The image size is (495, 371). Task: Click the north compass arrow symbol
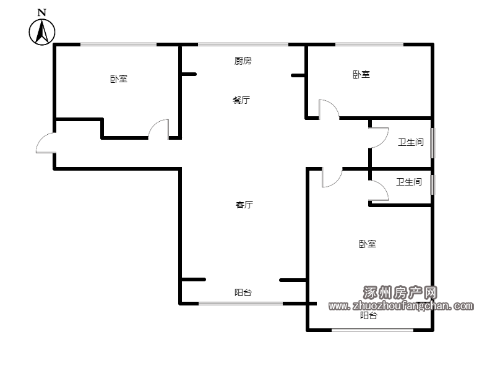point(42,32)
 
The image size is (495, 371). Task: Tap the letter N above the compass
point(42,12)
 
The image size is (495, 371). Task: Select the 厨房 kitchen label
point(243,61)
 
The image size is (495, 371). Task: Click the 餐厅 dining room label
point(241,100)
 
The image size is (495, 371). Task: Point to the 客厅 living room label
point(244,205)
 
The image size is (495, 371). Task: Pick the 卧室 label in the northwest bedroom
point(119,79)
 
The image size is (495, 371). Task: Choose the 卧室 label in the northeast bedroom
point(361,74)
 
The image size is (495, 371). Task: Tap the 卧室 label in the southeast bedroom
point(368,244)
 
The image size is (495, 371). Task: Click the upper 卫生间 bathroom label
point(410,142)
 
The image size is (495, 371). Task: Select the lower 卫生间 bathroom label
point(409,182)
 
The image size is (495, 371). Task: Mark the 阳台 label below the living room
point(243,292)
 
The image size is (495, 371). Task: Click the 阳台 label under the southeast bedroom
point(368,315)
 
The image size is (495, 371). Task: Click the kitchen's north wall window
point(243,45)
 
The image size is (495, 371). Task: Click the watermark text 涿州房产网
point(400,292)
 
